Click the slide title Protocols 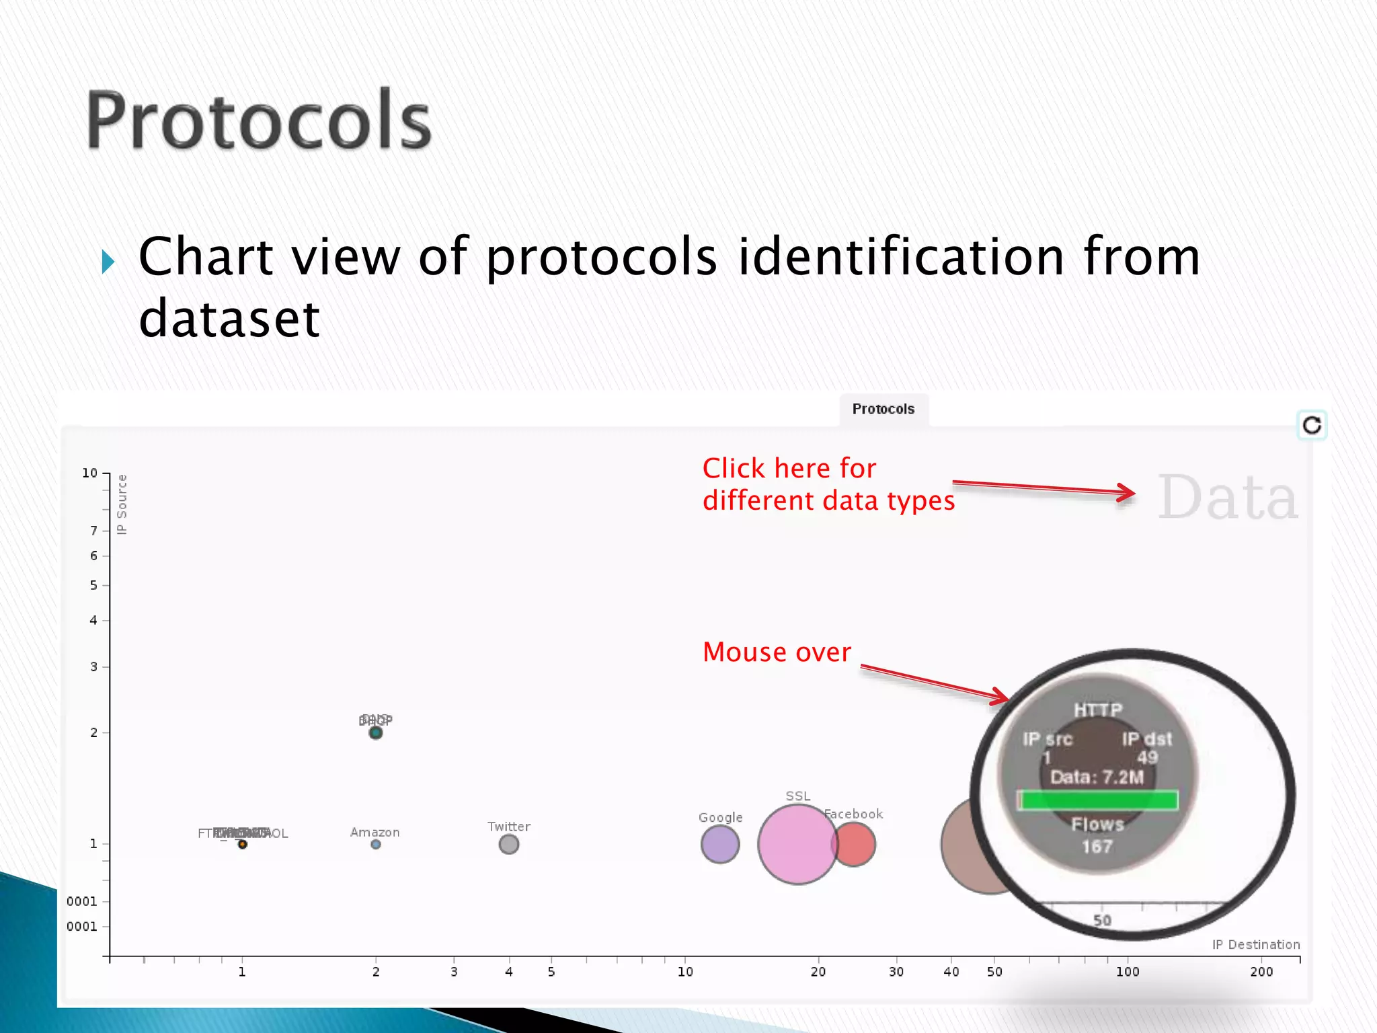click(x=259, y=121)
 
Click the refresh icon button click(x=1312, y=425)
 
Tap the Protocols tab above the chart click(x=883, y=409)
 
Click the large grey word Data click(x=1228, y=498)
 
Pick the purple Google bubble click(x=719, y=844)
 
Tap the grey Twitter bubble click(x=509, y=844)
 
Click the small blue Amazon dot click(x=376, y=844)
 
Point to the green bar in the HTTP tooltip click(x=1097, y=800)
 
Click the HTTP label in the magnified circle click(x=1097, y=710)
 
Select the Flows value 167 click(x=1097, y=846)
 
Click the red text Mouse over click(x=777, y=652)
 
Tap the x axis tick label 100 click(x=1128, y=972)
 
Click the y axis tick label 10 click(x=89, y=473)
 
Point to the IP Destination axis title click(x=1256, y=945)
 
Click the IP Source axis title click(x=122, y=504)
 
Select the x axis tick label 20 click(x=818, y=972)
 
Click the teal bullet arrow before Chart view click(x=108, y=262)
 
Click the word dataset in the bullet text click(x=229, y=319)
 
